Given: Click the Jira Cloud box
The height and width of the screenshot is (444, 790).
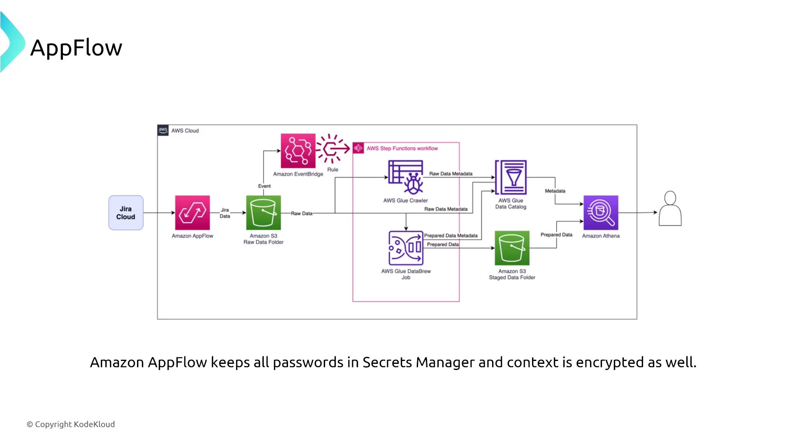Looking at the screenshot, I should point(126,213).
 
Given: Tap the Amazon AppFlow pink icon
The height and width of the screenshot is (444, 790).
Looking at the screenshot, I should point(192,213).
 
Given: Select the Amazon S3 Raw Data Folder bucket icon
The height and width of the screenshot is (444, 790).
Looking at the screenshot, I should point(263,213).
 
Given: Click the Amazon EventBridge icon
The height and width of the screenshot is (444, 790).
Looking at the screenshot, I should point(298,151).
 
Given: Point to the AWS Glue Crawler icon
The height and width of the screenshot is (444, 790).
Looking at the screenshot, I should point(406,177).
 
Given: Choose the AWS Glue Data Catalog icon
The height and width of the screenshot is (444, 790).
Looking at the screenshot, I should point(511,177).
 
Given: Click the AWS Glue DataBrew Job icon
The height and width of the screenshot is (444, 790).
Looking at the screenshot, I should point(406,248).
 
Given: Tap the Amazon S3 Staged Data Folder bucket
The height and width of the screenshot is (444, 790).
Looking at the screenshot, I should point(512,248).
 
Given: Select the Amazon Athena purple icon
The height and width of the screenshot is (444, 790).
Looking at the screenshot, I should point(601,213).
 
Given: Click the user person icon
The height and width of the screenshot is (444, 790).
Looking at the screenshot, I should point(670,208).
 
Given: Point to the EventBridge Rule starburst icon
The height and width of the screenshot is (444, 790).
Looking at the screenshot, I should point(332,148).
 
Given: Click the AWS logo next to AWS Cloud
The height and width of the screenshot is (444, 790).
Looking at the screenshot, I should point(163,130).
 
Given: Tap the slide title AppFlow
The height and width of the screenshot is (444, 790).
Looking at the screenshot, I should point(76,48).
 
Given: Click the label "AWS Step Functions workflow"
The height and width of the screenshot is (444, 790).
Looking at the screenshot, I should point(402,148).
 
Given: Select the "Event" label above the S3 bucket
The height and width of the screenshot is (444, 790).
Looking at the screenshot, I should point(264,186).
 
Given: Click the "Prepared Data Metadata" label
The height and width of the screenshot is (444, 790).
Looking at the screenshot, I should point(451,236).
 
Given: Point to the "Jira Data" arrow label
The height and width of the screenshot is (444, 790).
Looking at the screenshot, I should point(225,213).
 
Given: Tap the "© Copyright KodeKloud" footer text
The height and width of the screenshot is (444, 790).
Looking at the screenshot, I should point(71,424).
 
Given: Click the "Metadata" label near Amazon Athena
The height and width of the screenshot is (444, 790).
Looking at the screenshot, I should point(555,191).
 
